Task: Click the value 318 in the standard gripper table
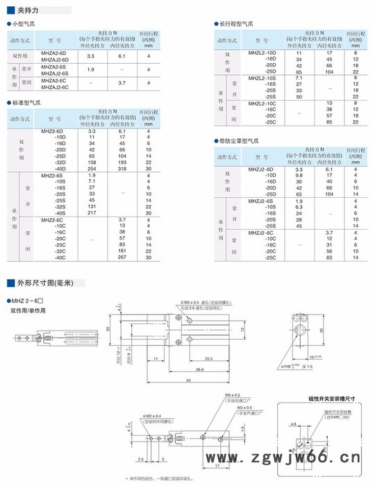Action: tap(122, 169)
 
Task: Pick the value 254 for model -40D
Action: tap(92, 169)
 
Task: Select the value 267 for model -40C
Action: tap(122, 258)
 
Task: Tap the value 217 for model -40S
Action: tap(92, 213)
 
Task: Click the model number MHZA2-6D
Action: tap(56, 52)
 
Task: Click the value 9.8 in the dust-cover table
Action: tap(299, 176)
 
